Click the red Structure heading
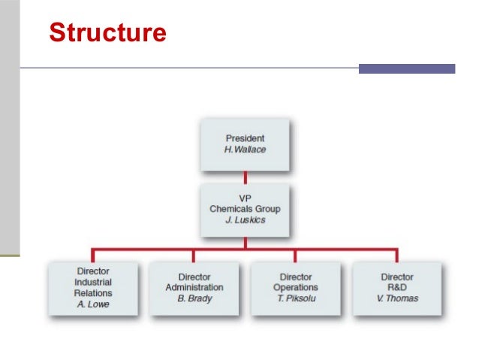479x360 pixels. point(107,33)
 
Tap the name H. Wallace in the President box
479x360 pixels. point(245,150)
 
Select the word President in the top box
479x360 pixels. point(245,138)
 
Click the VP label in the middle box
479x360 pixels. point(245,197)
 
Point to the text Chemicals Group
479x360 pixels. point(245,208)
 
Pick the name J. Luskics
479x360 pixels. point(245,219)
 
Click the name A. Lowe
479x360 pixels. point(93,304)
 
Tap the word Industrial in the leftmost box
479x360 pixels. point(93,282)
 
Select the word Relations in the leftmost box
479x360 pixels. point(93,293)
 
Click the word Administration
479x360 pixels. point(194,287)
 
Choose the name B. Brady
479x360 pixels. point(194,298)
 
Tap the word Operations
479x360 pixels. point(295,287)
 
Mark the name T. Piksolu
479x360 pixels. point(295,298)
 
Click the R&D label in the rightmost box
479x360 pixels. point(397,287)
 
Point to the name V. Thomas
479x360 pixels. point(397,298)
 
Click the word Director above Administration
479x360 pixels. point(194,277)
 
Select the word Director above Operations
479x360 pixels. point(295,277)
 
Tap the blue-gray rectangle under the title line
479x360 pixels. point(406,68)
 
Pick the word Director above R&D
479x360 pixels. point(397,277)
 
